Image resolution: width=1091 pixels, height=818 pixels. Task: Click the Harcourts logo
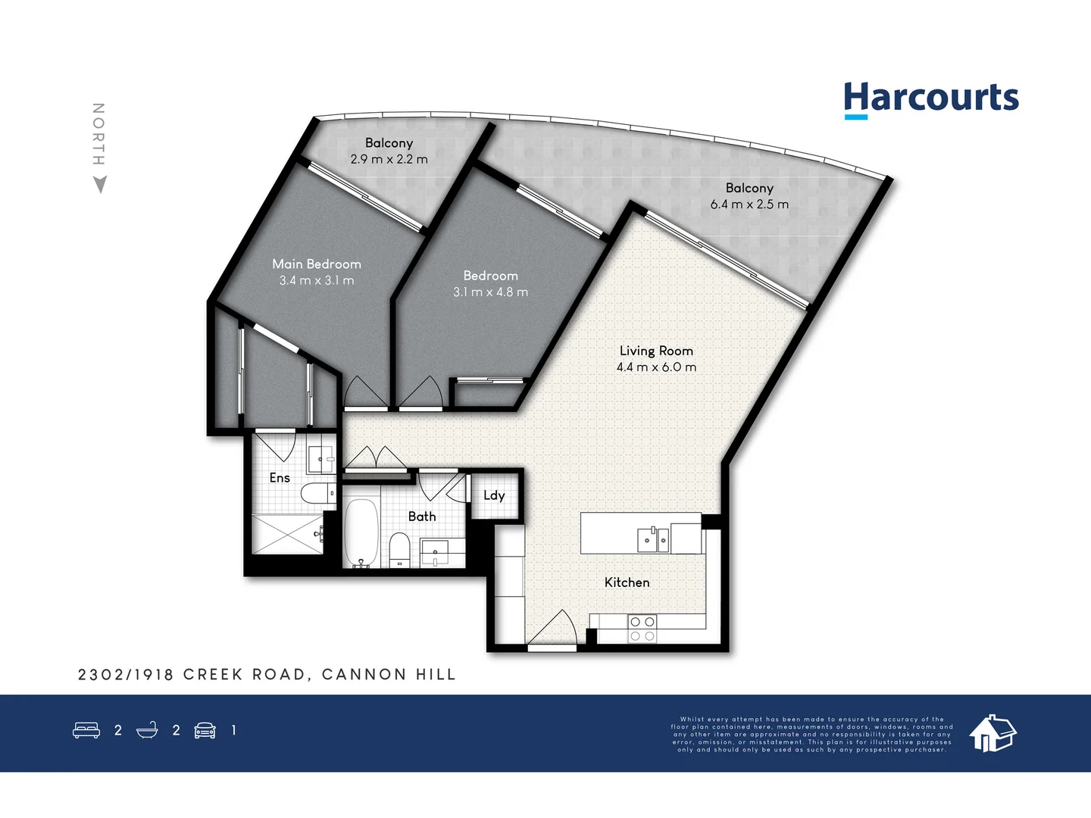(930, 99)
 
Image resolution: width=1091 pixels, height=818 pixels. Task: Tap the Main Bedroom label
(317, 264)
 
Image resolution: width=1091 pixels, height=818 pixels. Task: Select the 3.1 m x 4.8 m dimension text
(490, 292)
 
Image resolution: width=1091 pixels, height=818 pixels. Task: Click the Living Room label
(656, 351)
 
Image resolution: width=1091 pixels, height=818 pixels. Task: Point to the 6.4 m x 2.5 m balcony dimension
(749, 204)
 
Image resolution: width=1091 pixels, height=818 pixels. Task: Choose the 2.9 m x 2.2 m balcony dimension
(389, 159)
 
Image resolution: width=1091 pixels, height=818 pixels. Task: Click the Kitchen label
(627, 582)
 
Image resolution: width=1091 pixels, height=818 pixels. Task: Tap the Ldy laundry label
(494, 495)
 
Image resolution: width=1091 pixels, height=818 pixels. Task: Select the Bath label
(422, 517)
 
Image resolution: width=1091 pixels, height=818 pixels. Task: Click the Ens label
(280, 478)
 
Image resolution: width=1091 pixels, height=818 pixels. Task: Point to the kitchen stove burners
(642, 629)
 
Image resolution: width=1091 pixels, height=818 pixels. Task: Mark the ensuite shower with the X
(286, 534)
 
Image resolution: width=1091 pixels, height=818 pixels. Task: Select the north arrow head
(99, 184)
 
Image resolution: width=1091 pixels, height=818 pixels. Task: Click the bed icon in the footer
(86, 730)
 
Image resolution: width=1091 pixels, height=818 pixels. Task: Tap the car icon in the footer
(205, 730)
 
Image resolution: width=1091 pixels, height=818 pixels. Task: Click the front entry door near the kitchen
(553, 630)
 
